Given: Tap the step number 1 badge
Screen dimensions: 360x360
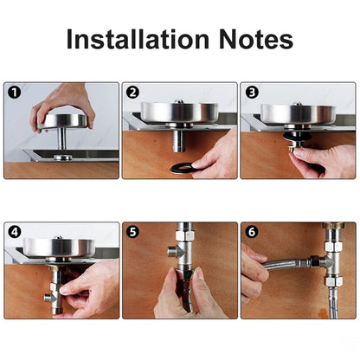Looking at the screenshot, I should (x=13, y=92).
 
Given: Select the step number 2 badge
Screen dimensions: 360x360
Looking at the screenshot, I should (x=132, y=92).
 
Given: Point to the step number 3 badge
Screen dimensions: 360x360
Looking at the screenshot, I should (x=250, y=92).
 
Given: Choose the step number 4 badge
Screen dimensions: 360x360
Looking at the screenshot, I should (x=13, y=232).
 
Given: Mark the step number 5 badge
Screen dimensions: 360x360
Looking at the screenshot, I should (x=132, y=232).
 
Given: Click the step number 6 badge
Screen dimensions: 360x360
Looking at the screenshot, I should (x=250, y=232).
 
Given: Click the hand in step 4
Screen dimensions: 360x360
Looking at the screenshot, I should (x=91, y=290).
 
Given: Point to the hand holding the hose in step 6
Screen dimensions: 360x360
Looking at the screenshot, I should (x=252, y=275).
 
